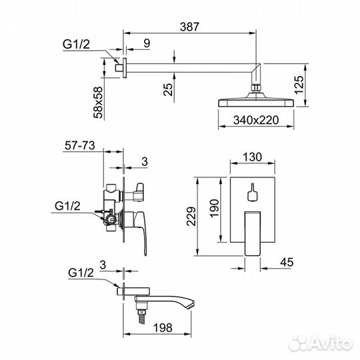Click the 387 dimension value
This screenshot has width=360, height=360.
(189, 27)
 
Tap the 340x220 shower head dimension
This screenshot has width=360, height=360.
(256, 120)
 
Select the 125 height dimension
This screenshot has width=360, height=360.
(299, 85)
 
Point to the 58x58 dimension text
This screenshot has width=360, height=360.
(98, 102)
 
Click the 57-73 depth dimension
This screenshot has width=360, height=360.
(80, 145)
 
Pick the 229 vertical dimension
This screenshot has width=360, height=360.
(191, 216)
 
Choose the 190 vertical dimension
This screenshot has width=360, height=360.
(214, 208)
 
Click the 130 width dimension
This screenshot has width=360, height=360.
(252, 157)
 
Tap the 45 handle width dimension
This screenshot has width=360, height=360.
(287, 262)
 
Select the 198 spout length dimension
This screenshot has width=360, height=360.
(163, 327)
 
